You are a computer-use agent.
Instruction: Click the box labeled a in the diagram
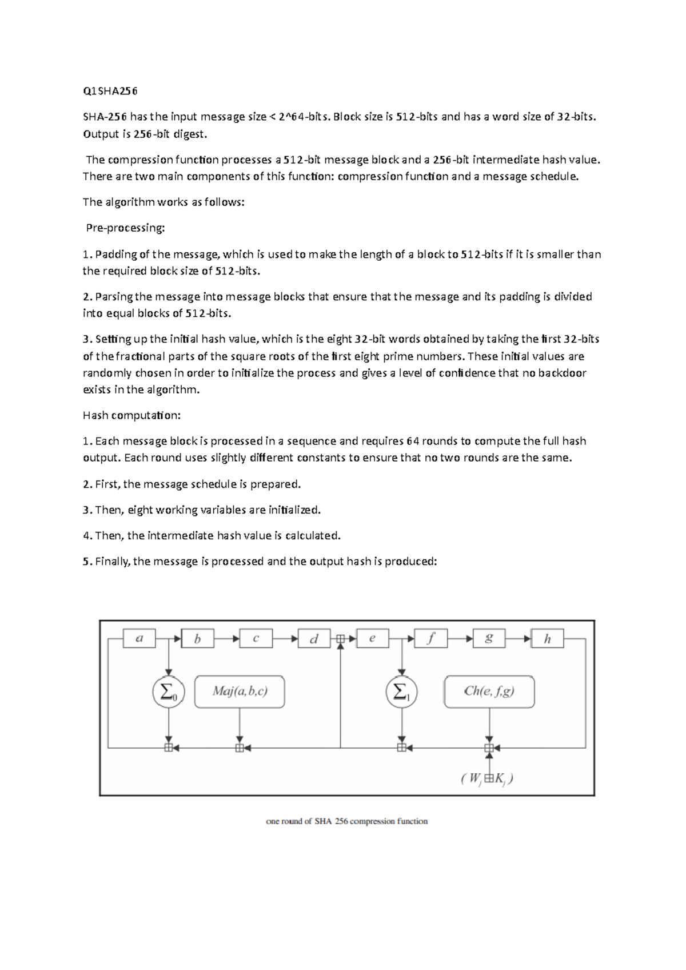(139, 638)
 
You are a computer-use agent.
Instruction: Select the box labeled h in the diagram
(547, 638)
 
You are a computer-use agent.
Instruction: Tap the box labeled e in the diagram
(372, 638)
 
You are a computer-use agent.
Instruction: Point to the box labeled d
(314, 638)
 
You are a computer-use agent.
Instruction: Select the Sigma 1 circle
(402, 692)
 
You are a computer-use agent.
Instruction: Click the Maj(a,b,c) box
(240, 692)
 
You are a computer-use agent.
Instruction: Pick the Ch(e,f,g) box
(489, 692)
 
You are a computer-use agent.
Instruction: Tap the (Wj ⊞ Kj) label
(487, 778)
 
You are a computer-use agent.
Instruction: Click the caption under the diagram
(347, 821)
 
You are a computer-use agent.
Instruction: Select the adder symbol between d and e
(340, 638)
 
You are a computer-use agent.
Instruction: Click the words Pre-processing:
(125, 228)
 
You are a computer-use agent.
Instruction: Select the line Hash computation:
(131, 415)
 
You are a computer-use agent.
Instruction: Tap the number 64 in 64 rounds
(412, 441)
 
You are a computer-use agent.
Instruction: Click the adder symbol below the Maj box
(240, 748)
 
